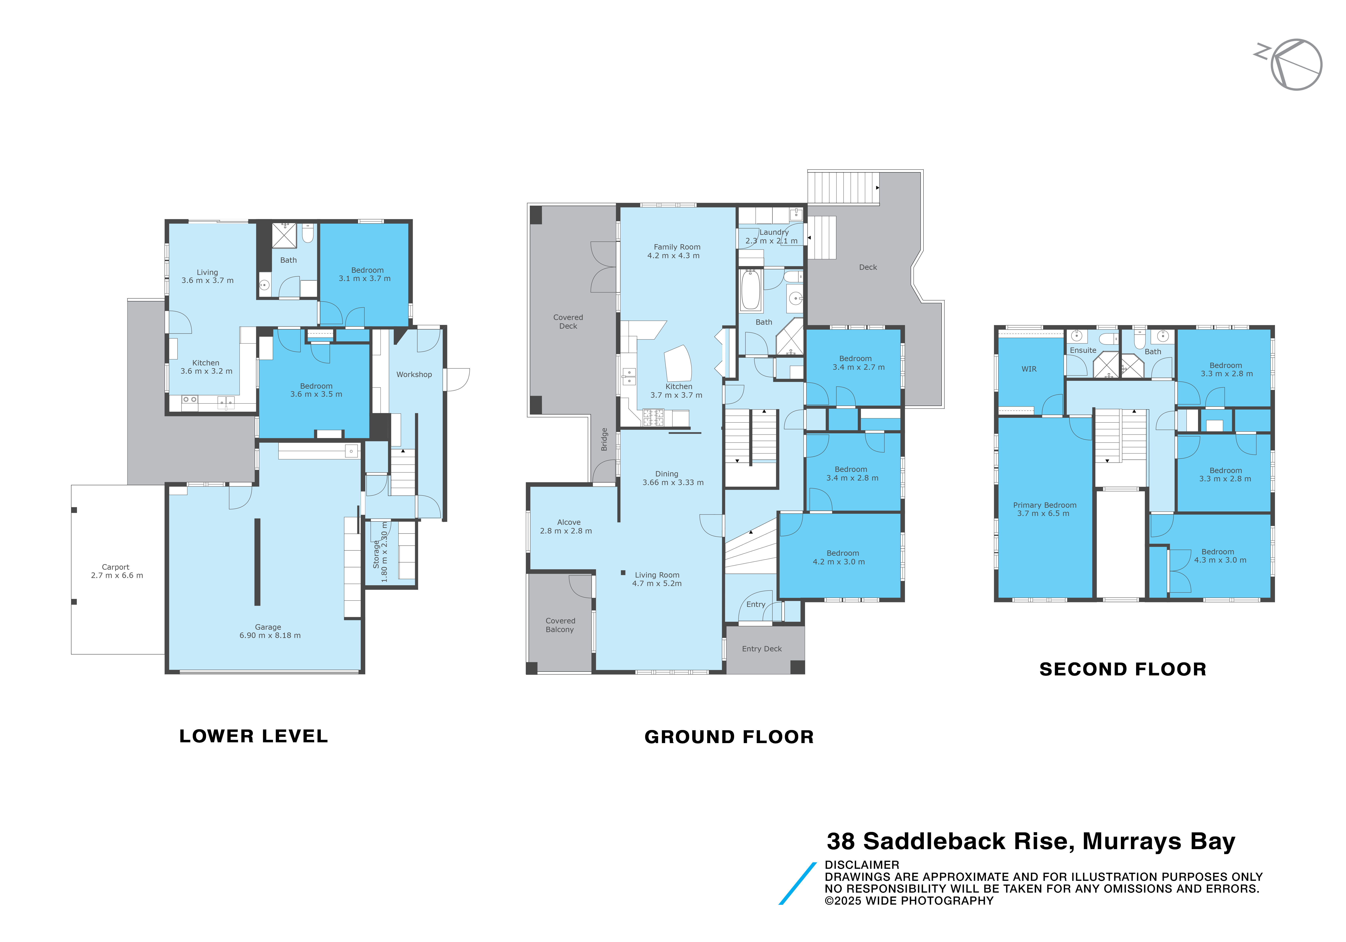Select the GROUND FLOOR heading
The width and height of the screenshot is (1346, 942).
729,737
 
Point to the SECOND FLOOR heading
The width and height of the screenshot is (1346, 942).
1123,669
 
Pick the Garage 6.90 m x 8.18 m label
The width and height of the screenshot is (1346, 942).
270,631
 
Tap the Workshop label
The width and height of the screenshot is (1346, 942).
414,374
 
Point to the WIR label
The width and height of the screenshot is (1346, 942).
1029,369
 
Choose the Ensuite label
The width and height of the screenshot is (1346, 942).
1083,350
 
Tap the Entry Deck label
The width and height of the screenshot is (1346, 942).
762,649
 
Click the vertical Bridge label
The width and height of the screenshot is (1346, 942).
604,440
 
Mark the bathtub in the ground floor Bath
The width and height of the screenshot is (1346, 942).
751,290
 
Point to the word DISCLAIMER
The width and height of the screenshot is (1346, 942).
862,865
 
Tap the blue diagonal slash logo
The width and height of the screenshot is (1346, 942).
797,883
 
